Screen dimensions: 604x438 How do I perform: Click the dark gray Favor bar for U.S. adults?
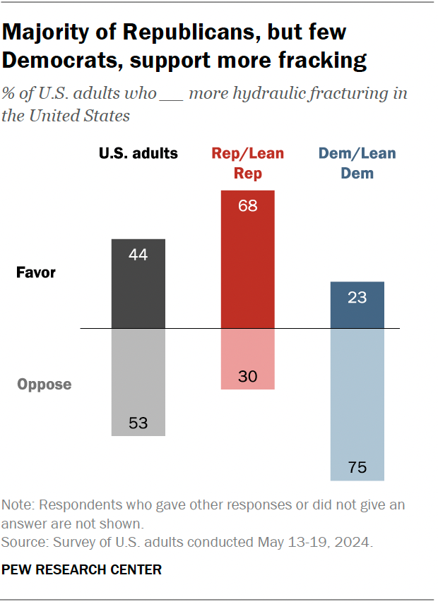coord(138,284)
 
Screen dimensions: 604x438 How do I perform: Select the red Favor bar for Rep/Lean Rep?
coord(248,259)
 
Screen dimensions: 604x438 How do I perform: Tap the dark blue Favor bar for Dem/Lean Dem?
coord(357,305)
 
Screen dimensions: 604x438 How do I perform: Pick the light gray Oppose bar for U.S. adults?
coord(138,382)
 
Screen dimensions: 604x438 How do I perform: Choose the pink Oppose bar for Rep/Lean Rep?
coord(248,359)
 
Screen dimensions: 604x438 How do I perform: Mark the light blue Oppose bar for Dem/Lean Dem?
coord(357,404)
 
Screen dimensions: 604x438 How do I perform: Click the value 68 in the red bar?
coord(248,207)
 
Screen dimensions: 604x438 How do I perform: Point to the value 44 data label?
coord(138,255)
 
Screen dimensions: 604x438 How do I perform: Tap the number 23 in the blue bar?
coord(357,298)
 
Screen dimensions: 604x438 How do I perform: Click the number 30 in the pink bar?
coord(248,376)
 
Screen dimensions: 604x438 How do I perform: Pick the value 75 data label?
coord(357,467)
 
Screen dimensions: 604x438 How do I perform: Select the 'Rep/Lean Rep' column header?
coord(248,162)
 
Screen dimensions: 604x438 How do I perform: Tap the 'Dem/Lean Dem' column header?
coord(357,162)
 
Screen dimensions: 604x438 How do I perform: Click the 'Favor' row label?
coord(36,272)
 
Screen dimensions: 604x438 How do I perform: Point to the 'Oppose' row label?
coord(45,385)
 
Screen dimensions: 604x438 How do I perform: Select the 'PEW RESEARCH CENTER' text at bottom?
coord(82,569)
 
